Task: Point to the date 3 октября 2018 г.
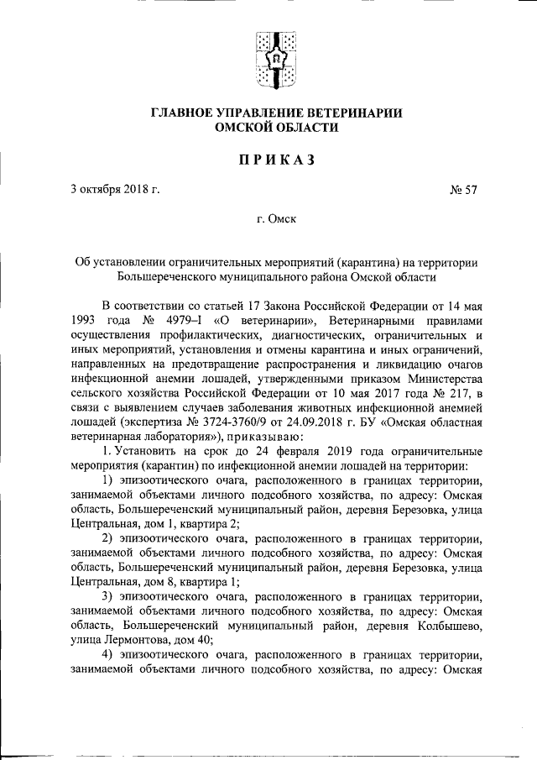click(115, 189)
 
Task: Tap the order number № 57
click(464, 189)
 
